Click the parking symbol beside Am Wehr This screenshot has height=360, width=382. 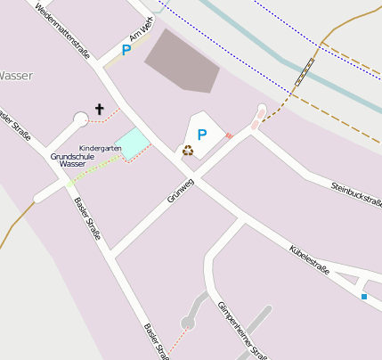(126, 51)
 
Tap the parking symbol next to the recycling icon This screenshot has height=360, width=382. (202, 135)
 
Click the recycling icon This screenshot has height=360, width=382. (188, 150)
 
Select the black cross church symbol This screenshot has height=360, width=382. (99, 110)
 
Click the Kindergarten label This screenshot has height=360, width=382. (100, 147)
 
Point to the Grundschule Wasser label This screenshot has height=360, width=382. (72, 160)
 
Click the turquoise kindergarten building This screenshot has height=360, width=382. (134, 143)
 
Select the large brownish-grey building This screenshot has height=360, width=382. (183, 60)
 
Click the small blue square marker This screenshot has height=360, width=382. (363, 296)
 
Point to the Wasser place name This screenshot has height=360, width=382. (16, 76)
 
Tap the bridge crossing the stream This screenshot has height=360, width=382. (305, 71)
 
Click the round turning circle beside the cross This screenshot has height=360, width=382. (80, 119)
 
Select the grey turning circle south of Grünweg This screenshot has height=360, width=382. (188, 323)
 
